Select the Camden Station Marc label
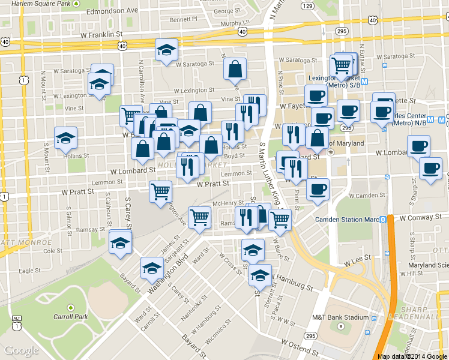coord(347,220)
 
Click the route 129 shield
coord(308,6)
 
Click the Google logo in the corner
coord(22,351)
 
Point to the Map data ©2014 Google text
coord(412,356)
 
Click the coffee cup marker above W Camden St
coord(318,189)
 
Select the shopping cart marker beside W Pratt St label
coord(160,192)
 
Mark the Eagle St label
coord(26,271)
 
